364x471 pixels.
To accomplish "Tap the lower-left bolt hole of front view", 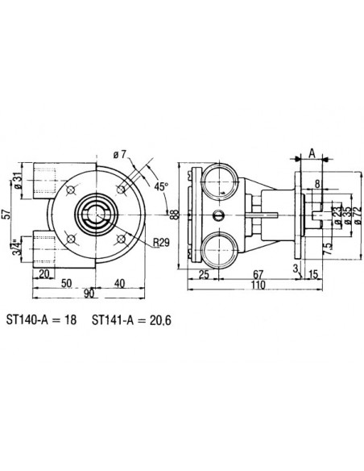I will point(72,240).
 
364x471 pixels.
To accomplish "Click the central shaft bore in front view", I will point(97,214).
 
